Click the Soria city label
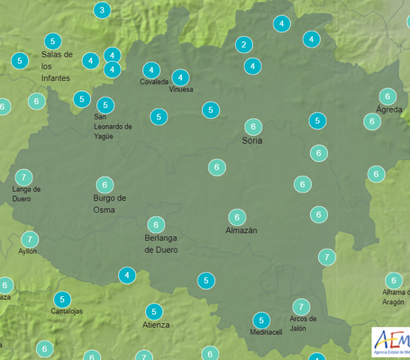(252, 140)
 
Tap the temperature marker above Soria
(253, 127)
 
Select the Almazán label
(241, 230)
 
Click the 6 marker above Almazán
(237, 217)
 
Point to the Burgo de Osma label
(110, 204)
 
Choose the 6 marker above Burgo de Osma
(105, 185)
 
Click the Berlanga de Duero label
(161, 244)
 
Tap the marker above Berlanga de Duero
(156, 224)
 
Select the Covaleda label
(154, 82)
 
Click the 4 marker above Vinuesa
(180, 77)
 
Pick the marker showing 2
(244, 44)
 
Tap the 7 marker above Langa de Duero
(24, 177)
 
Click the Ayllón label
(28, 251)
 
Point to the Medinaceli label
(266, 332)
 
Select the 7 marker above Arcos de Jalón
(301, 307)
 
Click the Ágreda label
(389, 109)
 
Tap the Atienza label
(156, 325)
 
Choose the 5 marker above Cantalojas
(62, 299)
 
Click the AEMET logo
(391, 342)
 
